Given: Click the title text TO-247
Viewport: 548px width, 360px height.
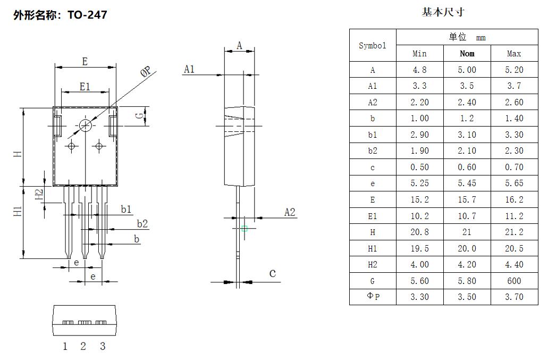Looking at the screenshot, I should coord(87,15).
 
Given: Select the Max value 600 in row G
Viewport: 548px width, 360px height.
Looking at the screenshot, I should coord(514,280).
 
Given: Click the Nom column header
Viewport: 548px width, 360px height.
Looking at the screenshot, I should coord(467,53).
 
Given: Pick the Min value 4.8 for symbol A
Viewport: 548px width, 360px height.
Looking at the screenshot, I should coord(419,70).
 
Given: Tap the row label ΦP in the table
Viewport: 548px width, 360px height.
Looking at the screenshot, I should coord(373,297).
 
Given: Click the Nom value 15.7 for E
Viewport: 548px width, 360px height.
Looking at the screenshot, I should coord(467,199).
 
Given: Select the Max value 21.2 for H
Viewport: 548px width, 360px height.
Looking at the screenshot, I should coord(514,232).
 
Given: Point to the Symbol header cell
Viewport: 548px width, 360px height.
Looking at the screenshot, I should coord(373,46).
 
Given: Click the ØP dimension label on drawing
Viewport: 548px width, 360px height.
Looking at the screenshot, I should coord(146,72).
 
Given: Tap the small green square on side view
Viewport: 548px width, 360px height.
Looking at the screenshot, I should coord(245,229).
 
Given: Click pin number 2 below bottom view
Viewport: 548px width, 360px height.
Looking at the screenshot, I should coord(83,347).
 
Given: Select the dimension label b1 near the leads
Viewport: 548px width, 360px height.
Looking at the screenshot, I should coord(126,210).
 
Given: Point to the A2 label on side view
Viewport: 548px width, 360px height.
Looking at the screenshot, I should coord(290,212).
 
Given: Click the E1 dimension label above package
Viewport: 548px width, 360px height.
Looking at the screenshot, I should coord(85,86).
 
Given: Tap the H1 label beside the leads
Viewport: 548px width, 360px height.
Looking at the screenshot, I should coord(18,211).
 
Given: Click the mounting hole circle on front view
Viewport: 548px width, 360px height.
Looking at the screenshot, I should coord(86,125).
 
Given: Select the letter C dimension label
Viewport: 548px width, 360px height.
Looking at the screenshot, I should coord(273,274).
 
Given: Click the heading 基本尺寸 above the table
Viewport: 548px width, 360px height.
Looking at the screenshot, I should coord(443,12).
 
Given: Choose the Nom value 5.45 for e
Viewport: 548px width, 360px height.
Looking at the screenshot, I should coord(467,183).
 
